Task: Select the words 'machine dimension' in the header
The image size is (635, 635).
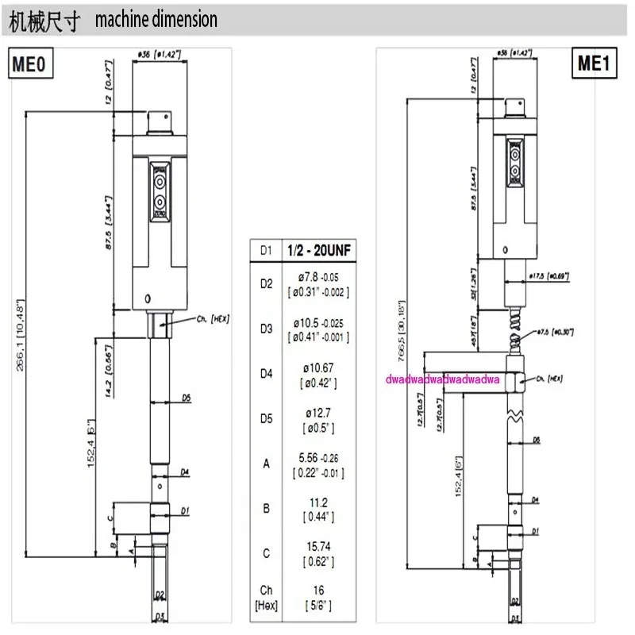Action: click(x=156, y=20)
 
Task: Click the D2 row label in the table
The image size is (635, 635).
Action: click(x=266, y=283)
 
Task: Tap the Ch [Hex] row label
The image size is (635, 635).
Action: click(x=266, y=596)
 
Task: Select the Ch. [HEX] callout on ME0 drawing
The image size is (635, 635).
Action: click(x=211, y=317)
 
